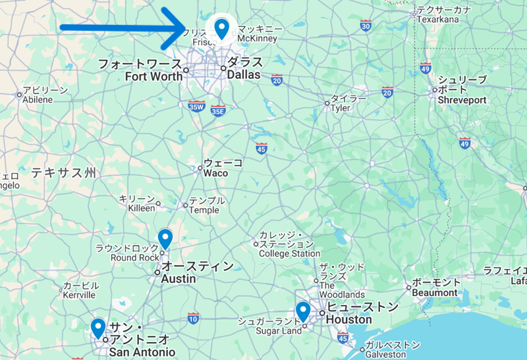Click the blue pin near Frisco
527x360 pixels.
[x=222, y=28]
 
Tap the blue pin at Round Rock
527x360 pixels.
[x=165, y=238]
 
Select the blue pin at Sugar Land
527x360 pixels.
[x=303, y=309]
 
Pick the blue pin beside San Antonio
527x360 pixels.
[x=98, y=326]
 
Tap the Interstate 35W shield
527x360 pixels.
[x=196, y=106]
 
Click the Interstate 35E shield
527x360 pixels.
[x=217, y=111]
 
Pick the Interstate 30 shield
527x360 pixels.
[x=366, y=26]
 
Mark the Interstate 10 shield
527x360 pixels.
[x=192, y=319]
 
